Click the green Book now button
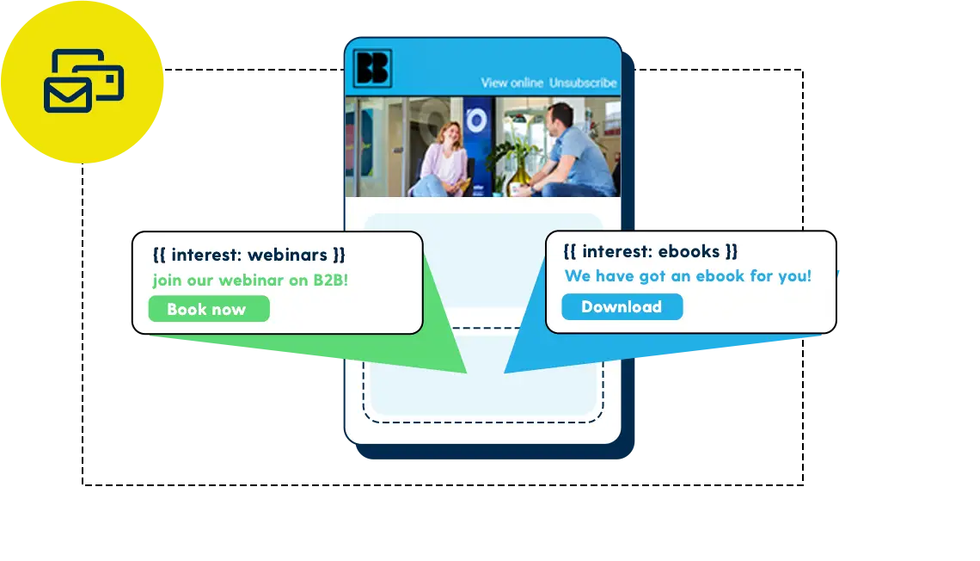click(208, 309)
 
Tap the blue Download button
click(622, 306)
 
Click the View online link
click(511, 83)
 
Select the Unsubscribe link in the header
click(583, 83)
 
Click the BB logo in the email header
click(372, 69)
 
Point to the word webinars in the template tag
click(287, 255)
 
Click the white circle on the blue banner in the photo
click(475, 120)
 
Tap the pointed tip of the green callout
click(465, 372)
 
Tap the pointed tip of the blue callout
click(505, 372)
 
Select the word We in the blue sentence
click(577, 276)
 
